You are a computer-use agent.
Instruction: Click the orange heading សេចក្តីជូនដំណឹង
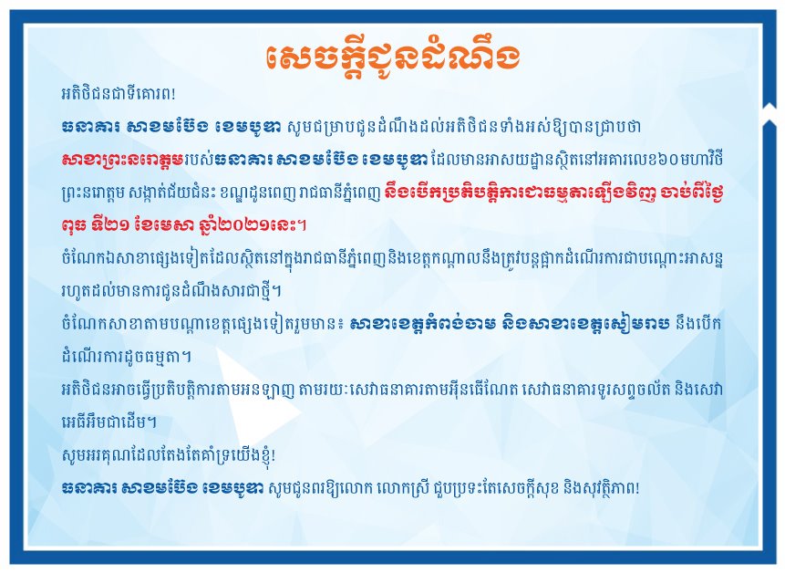(x=392, y=57)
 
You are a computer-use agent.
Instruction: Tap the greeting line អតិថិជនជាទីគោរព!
(x=119, y=94)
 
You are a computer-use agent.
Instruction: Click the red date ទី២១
(x=114, y=224)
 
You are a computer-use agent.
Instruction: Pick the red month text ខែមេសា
(x=161, y=224)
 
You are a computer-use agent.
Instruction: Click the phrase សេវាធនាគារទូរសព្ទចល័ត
(x=598, y=390)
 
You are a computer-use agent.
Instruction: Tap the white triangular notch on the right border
(x=769, y=113)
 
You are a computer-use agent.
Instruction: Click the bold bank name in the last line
(x=162, y=488)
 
